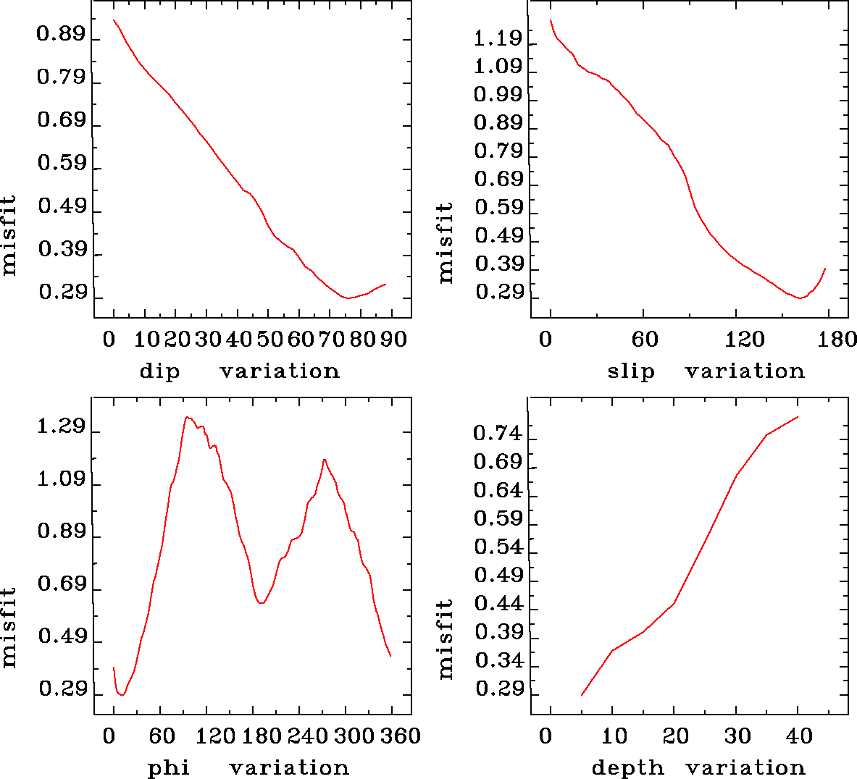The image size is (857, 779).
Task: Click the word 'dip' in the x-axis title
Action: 159,371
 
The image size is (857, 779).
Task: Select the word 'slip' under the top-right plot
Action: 630,371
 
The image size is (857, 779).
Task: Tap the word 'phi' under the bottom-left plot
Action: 169,767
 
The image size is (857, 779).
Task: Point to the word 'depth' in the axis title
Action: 627,767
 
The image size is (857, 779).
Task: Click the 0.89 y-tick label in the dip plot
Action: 62,35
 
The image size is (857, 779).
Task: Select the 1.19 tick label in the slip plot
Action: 498,38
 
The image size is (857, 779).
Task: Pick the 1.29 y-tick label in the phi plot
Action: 62,426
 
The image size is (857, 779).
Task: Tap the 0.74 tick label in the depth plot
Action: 498,433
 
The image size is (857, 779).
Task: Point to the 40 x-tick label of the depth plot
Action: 799,736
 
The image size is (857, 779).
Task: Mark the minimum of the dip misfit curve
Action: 348,298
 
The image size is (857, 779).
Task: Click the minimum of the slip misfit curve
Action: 800,298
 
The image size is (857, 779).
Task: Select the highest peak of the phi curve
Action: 187,417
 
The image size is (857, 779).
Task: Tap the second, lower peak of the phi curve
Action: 325,459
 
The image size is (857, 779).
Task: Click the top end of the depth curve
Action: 798,417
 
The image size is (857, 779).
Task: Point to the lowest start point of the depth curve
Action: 582,695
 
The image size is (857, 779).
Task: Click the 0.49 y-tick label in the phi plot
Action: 62,636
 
